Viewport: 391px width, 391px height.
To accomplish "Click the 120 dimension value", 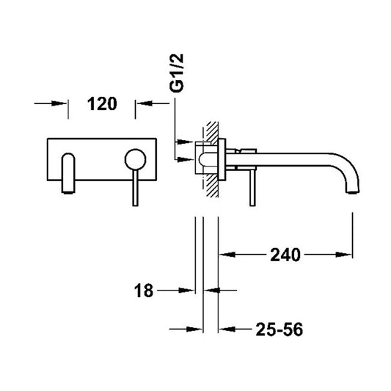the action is tap(102, 104).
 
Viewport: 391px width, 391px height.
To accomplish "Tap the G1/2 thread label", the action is tap(177, 73).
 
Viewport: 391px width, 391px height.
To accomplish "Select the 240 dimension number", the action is tap(285, 255).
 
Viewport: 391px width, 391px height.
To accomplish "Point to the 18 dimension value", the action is tap(143, 290).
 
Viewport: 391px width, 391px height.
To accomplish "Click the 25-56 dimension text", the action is tap(279, 329).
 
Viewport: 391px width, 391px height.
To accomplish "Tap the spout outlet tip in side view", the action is tap(352, 191).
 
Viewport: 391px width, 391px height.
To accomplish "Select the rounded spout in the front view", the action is tap(68, 173).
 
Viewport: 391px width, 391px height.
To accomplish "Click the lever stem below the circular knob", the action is tap(135, 189).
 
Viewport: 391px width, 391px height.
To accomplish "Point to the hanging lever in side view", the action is tap(252, 189).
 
